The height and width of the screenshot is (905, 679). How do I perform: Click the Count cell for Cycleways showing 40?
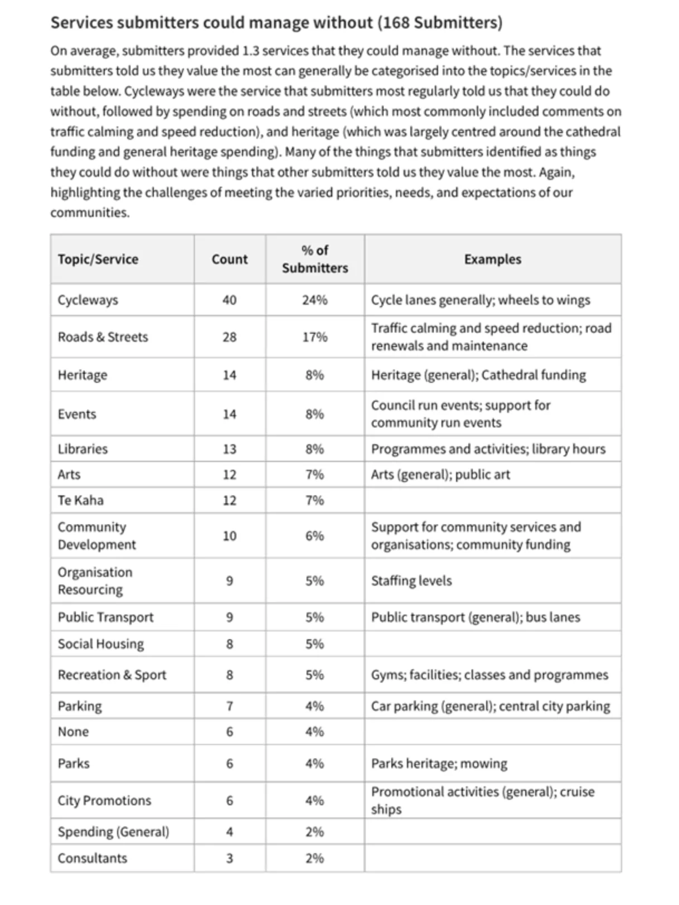(x=229, y=300)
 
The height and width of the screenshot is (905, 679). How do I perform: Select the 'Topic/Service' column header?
(x=98, y=259)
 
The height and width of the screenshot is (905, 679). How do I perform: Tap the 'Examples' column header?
(x=492, y=259)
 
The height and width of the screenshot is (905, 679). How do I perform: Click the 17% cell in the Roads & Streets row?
(x=314, y=337)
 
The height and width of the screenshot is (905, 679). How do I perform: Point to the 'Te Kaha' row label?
(x=80, y=500)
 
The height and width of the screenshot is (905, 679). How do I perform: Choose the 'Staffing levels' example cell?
(x=411, y=581)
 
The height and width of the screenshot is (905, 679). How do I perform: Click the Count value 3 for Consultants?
(x=229, y=858)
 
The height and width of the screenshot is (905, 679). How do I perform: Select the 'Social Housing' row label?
(x=100, y=644)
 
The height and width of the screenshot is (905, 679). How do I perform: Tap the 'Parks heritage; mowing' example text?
(x=439, y=763)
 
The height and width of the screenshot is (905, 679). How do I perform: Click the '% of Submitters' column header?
(x=314, y=259)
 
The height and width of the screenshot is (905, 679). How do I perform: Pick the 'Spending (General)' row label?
(x=113, y=832)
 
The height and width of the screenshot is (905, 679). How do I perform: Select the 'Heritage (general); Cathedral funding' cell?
(x=478, y=375)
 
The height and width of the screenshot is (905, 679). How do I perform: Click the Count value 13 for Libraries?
(x=229, y=449)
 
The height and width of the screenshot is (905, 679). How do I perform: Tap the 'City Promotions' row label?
(x=104, y=801)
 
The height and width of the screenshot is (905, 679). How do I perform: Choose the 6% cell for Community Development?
(x=314, y=536)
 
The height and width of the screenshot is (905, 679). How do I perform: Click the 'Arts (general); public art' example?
(x=440, y=475)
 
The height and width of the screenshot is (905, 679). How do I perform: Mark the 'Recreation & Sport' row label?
(x=111, y=675)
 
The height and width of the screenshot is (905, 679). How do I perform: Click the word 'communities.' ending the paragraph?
(x=90, y=213)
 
